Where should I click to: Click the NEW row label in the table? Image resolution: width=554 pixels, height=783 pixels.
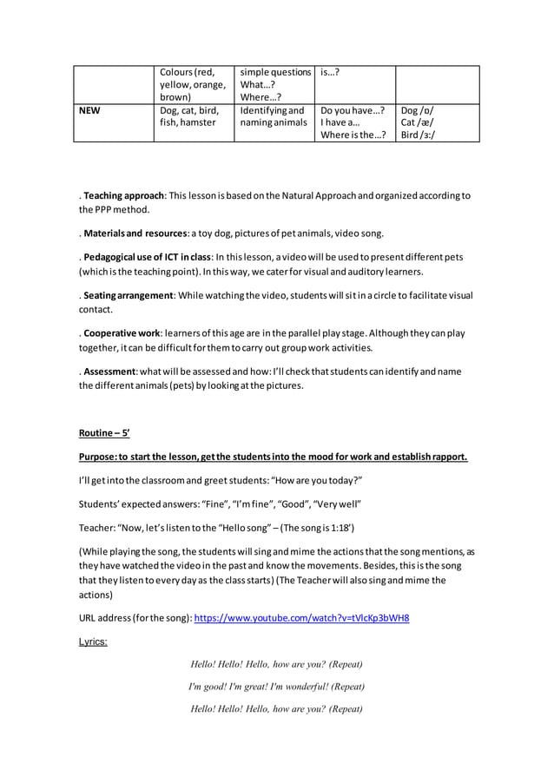pos(89,111)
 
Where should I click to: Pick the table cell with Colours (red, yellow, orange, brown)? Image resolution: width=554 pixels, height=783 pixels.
pos(193,84)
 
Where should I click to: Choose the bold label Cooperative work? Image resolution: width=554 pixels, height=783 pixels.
pos(122,333)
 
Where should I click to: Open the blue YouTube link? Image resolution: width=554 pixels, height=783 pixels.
pos(301,618)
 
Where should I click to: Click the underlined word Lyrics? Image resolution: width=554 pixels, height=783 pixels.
pos(93,642)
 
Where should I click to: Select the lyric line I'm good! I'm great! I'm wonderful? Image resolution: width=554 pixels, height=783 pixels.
pos(276,686)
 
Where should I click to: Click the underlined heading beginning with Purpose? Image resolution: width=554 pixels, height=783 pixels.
pos(273,457)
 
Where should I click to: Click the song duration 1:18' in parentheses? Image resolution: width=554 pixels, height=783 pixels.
pos(338,527)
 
